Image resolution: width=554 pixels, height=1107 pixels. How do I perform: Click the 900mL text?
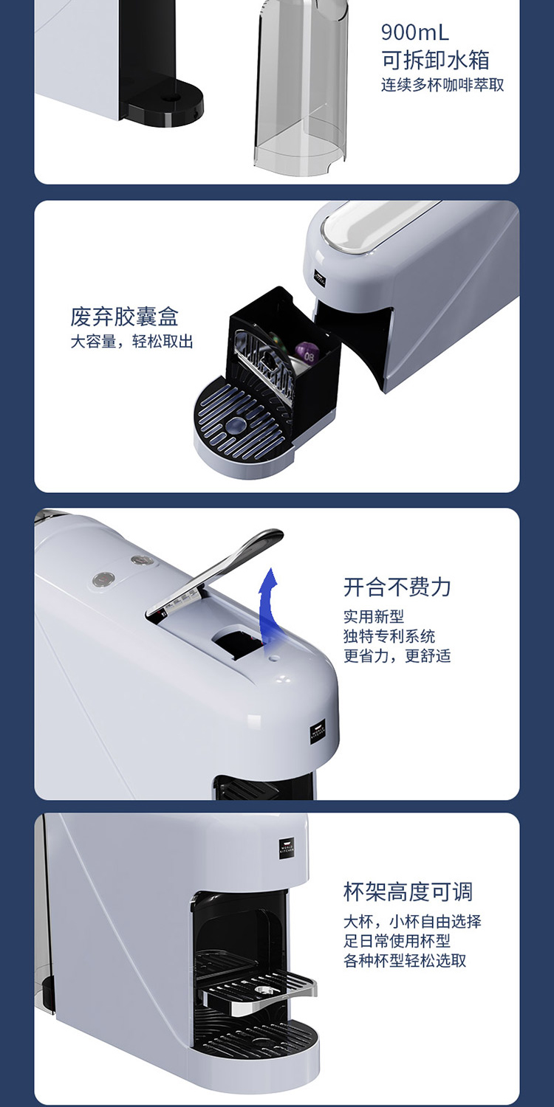pos(414,32)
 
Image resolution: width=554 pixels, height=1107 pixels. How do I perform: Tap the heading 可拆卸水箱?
pos(435,60)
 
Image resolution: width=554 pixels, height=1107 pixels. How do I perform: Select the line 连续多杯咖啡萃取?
pos(442,85)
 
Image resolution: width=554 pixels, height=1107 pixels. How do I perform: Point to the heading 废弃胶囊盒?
pos(124,317)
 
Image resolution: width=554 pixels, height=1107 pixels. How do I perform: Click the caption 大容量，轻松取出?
pos(131,342)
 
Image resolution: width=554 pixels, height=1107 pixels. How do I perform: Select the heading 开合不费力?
pos(397,587)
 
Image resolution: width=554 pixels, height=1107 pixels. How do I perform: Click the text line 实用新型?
pos(373,617)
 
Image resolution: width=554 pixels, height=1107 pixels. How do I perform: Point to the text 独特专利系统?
pos(389,636)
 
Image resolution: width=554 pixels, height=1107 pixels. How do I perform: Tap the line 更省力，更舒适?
pos(397,656)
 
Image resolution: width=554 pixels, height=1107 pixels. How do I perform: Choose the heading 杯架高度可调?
pos(408,892)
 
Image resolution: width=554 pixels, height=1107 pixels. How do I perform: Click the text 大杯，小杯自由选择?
pos(412,922)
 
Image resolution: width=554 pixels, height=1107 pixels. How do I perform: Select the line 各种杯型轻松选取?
pos(404,961)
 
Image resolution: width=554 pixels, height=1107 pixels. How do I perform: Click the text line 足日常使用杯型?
pos(397,941)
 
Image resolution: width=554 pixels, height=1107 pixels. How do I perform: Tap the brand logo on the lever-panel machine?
pos(317,734)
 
